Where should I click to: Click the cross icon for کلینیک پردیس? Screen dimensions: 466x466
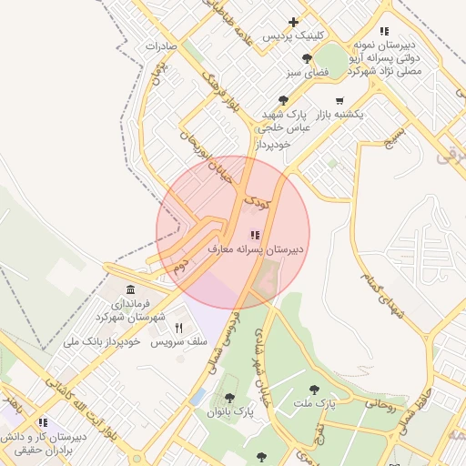click(x=292, y=22)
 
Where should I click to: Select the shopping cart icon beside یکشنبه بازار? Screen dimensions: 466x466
click(x=339, y=100)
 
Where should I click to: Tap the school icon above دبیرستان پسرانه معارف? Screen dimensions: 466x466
click(x=253, y=235)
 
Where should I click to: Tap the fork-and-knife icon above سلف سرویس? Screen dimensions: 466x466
click(x=178, y=328)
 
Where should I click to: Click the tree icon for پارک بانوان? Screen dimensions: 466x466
click(x=229, y=398)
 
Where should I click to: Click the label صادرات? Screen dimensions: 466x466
click(x=160, y=45)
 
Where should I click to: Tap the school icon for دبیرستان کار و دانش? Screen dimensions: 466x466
click(x=42, y=422)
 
